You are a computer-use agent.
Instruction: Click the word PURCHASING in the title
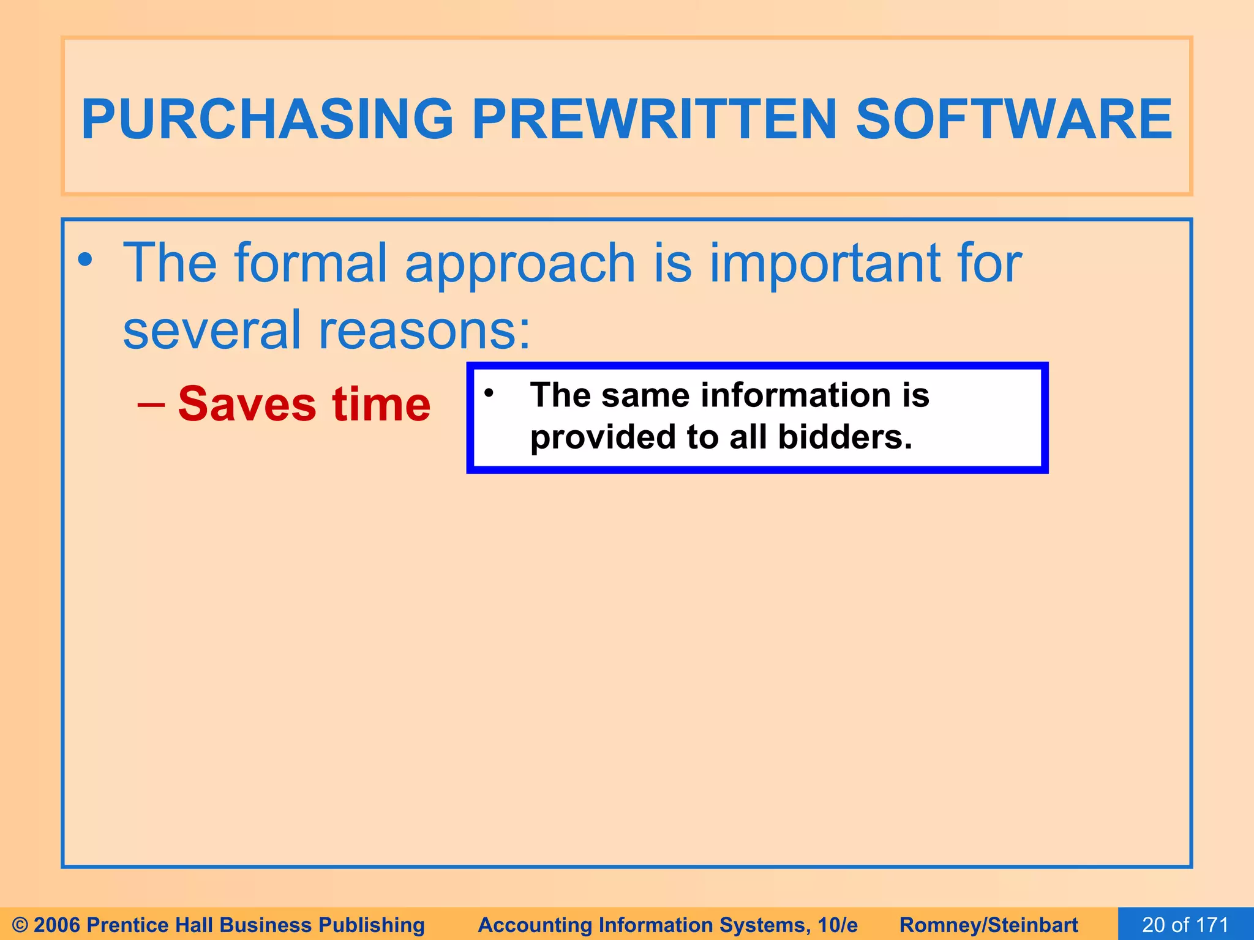click(x=267, y=119)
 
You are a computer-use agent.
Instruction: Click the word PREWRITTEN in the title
click(x=654, y=119)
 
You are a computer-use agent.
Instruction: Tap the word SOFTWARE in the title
click(x=1013, y=119)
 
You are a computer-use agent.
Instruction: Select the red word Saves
click(x=247, y=405)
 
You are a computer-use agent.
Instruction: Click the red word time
click(x=381, y=405)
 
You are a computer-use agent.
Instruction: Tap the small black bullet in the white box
click(x=488, y=393)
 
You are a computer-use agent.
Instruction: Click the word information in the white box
click(x=797, y=395)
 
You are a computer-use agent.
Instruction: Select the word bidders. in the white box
click(x=845, y=437)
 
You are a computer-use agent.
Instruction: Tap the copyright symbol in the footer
click(x=20, y=925)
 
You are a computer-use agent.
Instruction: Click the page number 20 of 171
click(x=1185, y=925)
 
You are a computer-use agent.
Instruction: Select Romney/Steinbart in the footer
click(x=988, y=925)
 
